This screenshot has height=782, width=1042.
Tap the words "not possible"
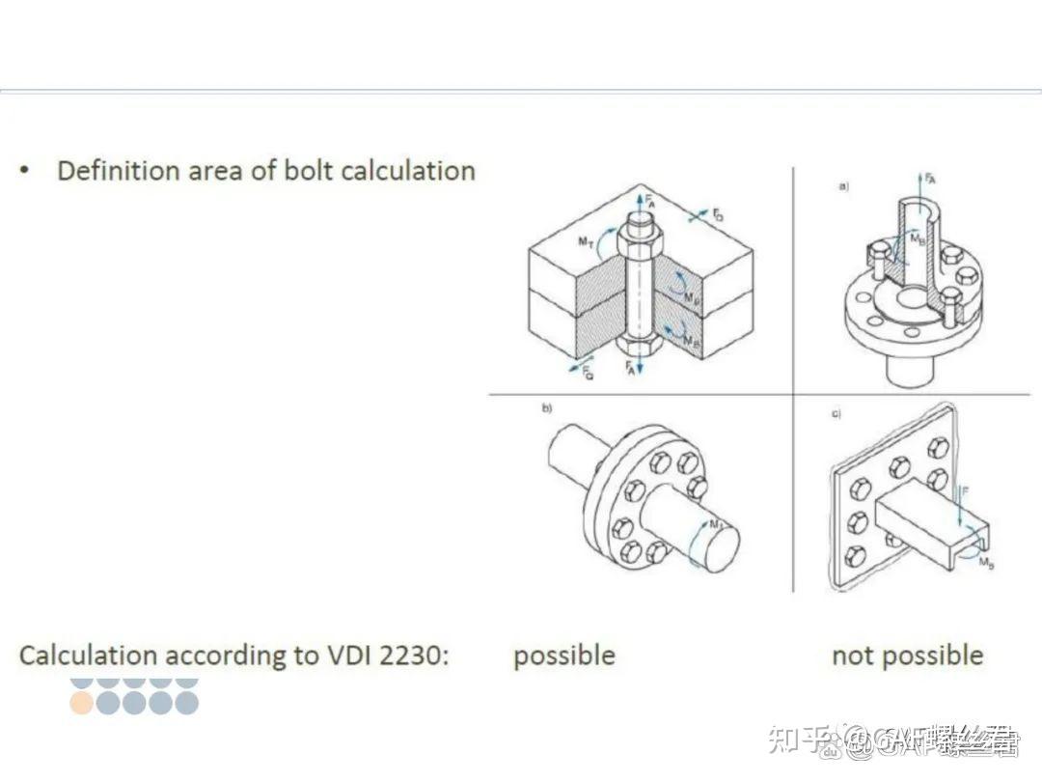[907, 656]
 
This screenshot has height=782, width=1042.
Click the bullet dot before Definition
[25, 171]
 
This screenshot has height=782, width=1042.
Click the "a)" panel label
[843, 185]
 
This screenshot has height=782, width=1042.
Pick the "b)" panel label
[547, 409]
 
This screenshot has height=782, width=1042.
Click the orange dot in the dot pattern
[82, 703]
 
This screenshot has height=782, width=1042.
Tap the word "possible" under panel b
[563, 656]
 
